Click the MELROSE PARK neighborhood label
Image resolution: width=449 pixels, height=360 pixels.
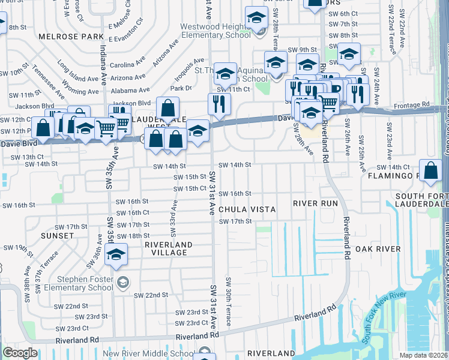click(x=63, y=37)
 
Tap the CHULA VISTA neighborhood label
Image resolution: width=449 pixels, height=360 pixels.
click(x=247, y=209)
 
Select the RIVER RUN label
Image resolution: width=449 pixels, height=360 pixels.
click(x=315, y=203)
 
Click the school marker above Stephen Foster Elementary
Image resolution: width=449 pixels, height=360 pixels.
click(x=116, y=255)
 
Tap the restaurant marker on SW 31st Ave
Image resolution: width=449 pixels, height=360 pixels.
click(x=219, y=103)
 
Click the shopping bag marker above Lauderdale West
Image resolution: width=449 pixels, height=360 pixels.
click(x=168, y=109)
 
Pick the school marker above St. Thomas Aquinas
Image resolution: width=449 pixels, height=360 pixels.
click(x=225, y=74)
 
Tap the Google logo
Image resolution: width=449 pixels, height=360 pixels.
click(x=20, y=353)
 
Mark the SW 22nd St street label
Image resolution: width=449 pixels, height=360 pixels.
click(x=151, y=295)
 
